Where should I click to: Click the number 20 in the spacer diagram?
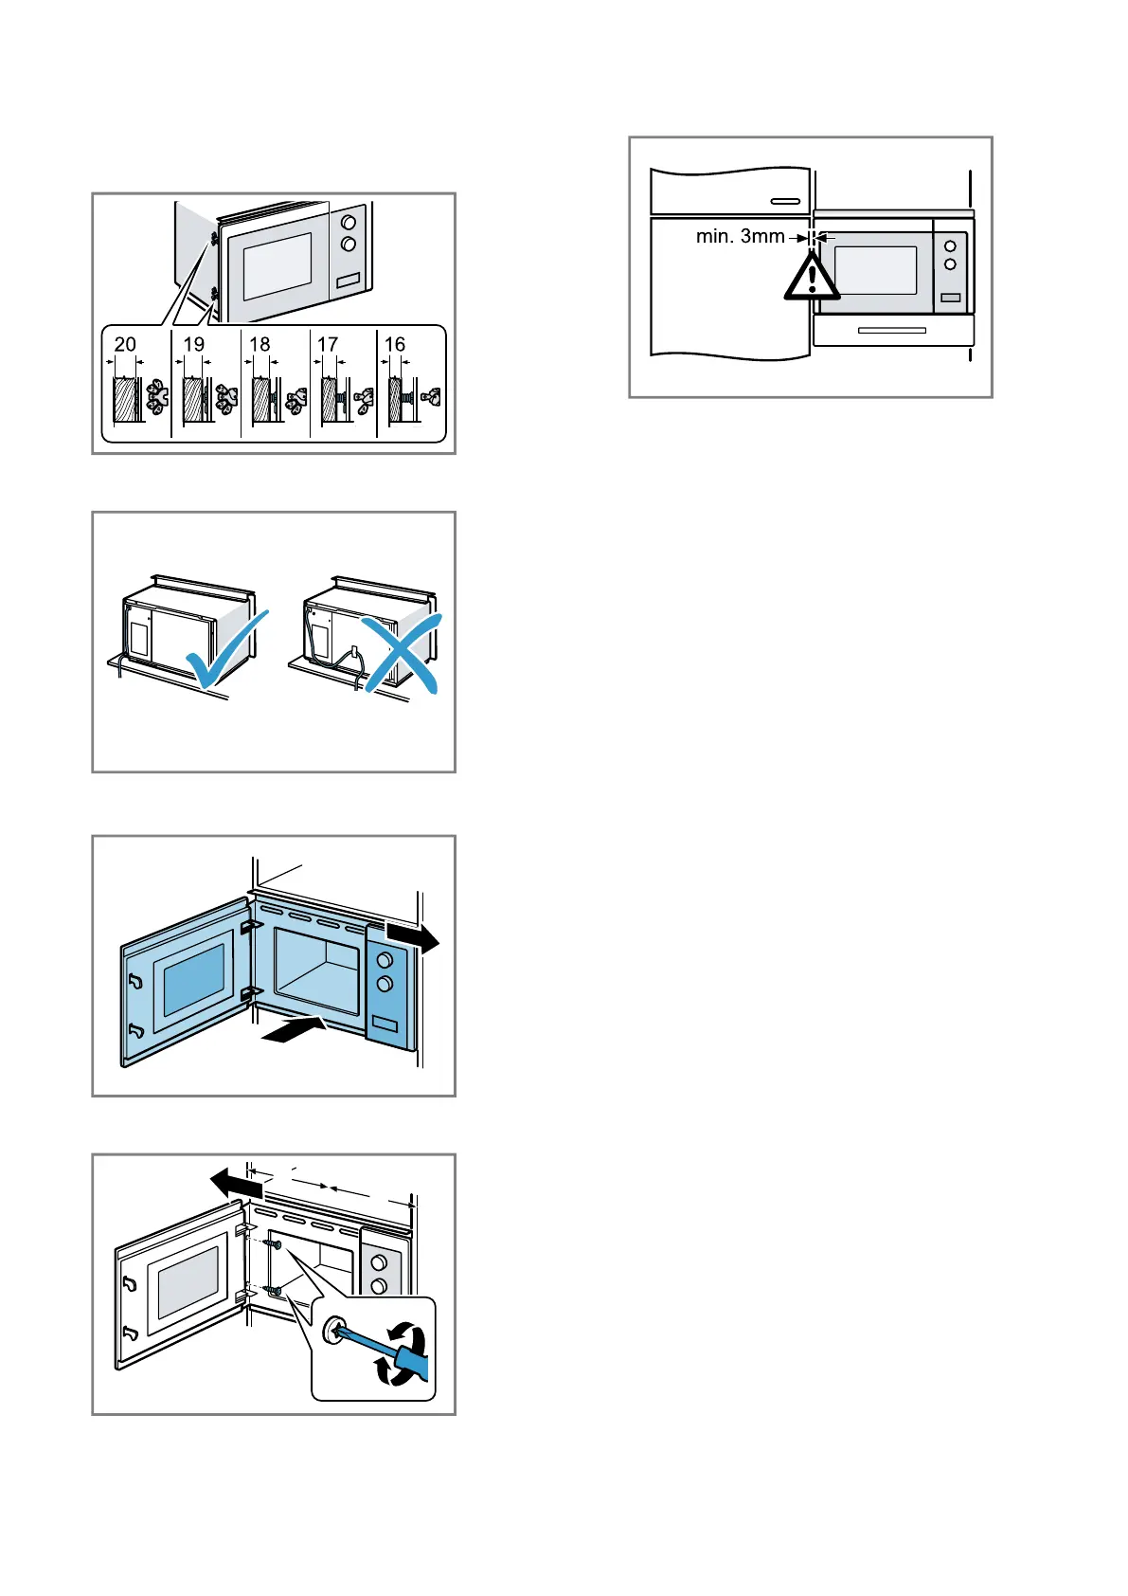click(x=125, y=345)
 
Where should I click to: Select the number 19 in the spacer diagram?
click(x=194, y=345)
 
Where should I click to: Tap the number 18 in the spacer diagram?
click(x=260, y=345)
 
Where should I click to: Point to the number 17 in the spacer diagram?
click(x=328, y=345)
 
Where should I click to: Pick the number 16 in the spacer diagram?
click(x=395, y=345)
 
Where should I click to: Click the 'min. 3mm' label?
click(x=740, y=237)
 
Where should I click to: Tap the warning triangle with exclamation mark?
click(x=811, y=277)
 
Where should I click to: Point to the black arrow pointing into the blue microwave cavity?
click(x=295, y=1030)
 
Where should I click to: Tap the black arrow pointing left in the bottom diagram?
click(x=236, y=1184)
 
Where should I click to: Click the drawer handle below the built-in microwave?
click(x=891, y=331)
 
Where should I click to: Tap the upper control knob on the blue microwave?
click(x=385, y=961)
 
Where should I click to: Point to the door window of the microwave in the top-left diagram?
click(x=278, y=265)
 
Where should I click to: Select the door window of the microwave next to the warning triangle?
click(x=875, y=270)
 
